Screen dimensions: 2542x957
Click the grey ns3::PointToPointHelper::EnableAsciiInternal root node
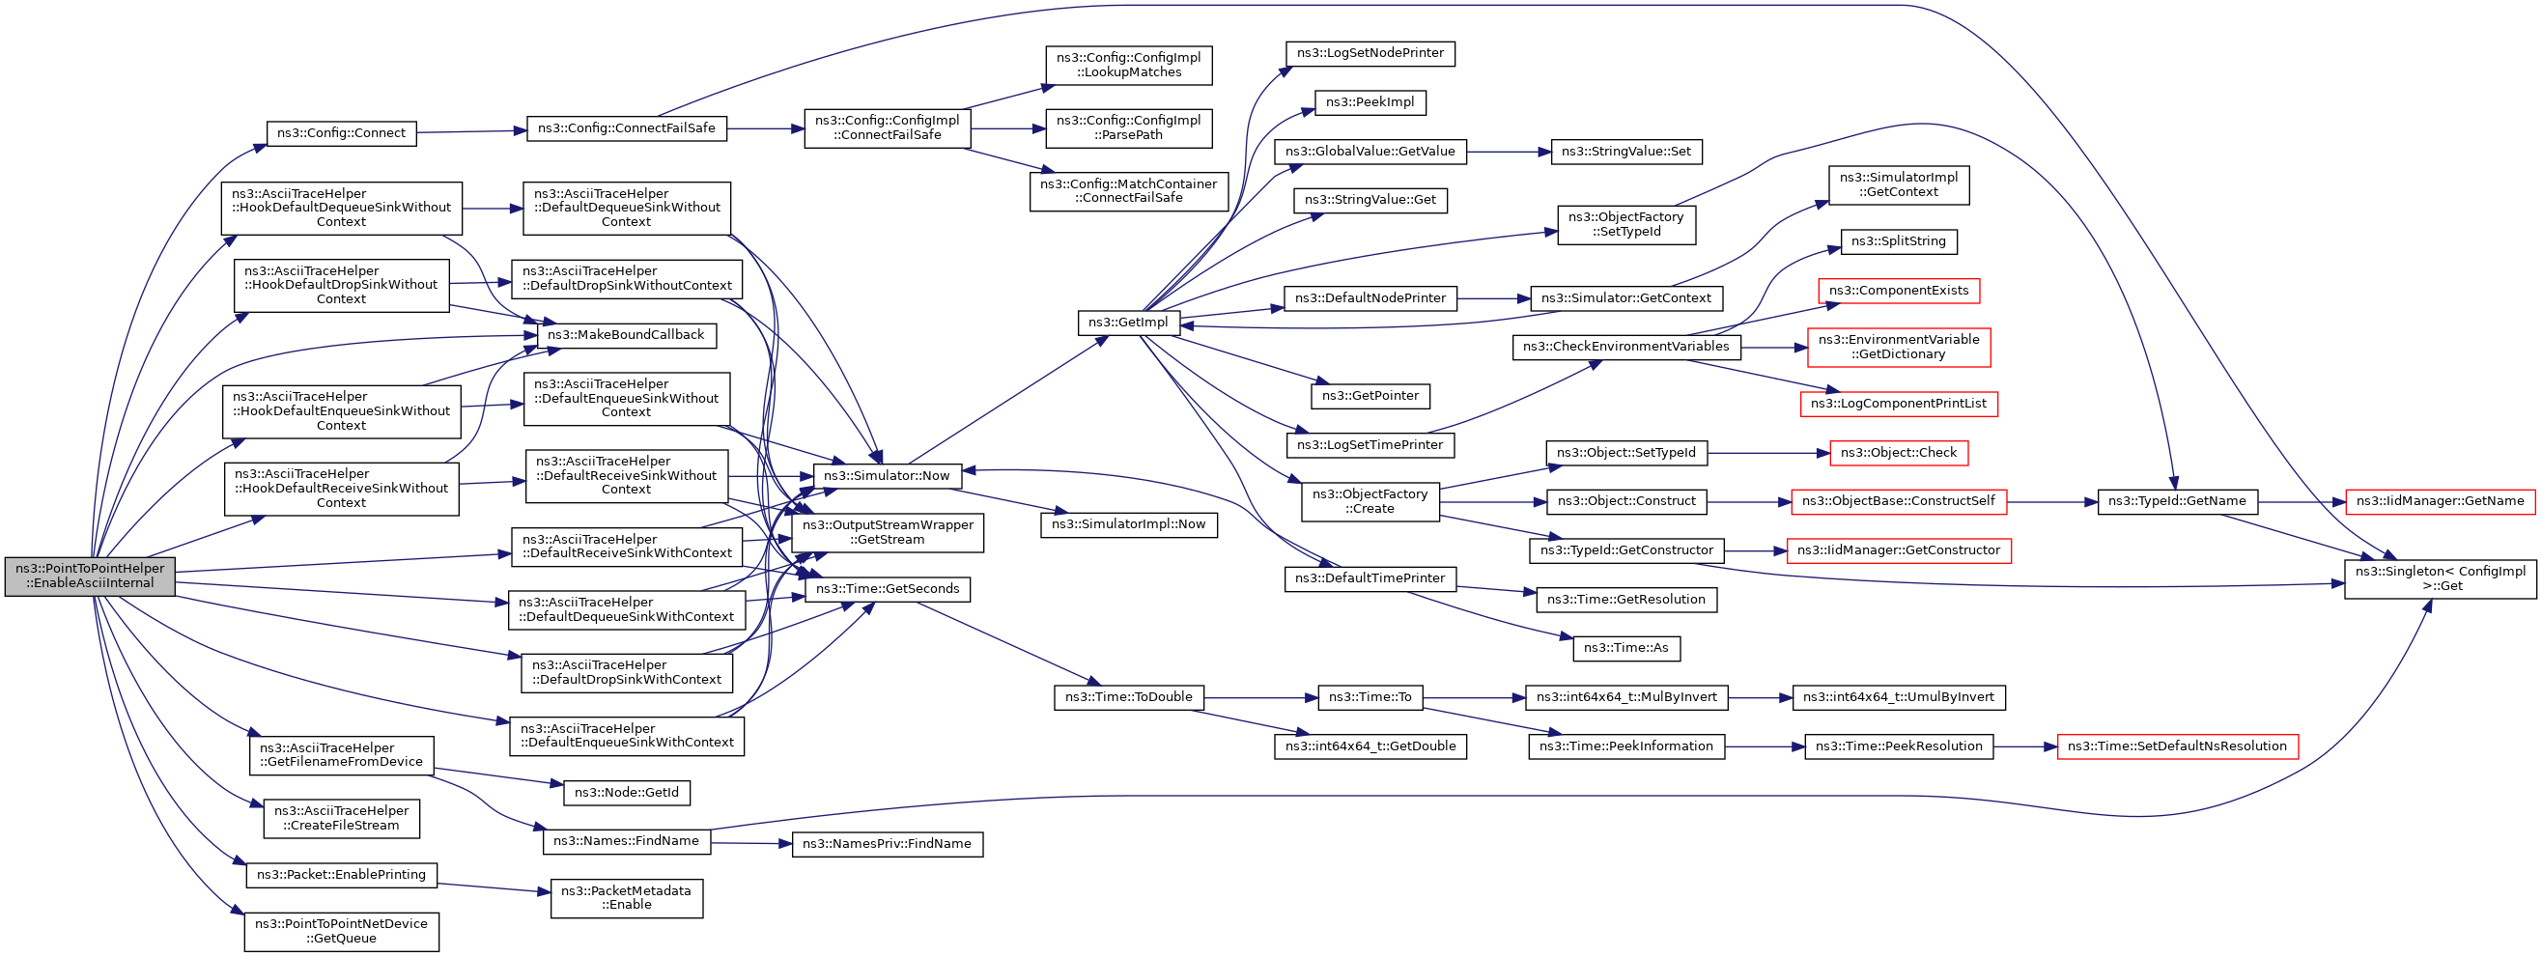pyautogui.click(x=90, y=576)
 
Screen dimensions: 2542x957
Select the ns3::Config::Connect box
pyautogui.click(x=342, y=133)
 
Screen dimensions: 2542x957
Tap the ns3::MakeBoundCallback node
pyautogui.click(x=627, y=335)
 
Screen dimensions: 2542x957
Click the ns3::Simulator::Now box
pyautogui.click(x=888, y=475)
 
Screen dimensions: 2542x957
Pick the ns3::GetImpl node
pyautogui.click(x=1128, y=323)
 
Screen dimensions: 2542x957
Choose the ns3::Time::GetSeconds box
pyautogui.click(x=889, y=589)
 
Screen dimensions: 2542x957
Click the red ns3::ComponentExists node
pyautogui.click(x=1899, y=291)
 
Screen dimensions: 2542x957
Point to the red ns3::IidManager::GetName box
pyautogui.click(x=2441, y=501)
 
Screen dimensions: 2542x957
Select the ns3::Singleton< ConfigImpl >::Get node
pyautogui.click(x=2441, y=578)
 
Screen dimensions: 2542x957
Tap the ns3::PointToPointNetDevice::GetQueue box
pyautogui.click(x=342, y=931)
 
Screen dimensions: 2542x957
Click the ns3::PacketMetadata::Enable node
pyautogui.click(x=627, y=898)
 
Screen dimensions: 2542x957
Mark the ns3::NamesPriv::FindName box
pyautogui.click(x=888, y=845)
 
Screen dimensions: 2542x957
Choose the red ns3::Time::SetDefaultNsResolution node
pyautogui.click(x=2177, y=746)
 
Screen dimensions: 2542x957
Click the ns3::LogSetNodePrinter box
pyautogui.click(x=1370, y=53)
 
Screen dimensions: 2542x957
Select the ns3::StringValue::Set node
pyautogui.click(x=1626, y=152)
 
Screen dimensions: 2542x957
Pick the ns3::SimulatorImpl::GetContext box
pyautogui.click(x=1899, y=185)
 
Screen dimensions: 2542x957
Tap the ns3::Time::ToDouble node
pyautogui.click(x=1129, y=697)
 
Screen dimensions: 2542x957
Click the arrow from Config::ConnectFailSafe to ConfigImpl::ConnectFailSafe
pyautogui.click(x=766, y=128)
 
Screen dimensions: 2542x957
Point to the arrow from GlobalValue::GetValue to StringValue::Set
pyautogui.click(x=1509, y=152)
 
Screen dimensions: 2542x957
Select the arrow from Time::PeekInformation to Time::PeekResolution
pyautogui.click(x=1765, y=746)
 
